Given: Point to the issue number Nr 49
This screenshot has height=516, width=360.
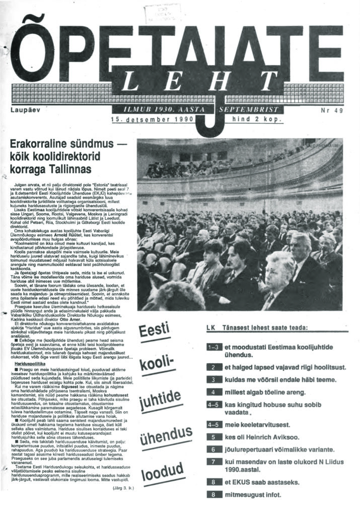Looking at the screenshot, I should click(x=331, y=110).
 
